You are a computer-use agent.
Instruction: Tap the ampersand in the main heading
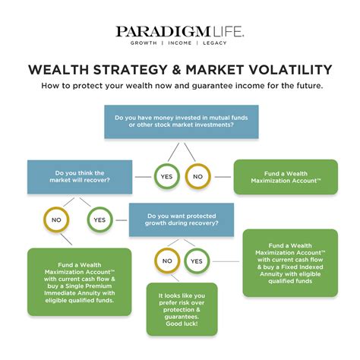click(x=169, y=69)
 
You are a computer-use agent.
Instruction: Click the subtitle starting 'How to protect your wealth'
click(x=180, y=86)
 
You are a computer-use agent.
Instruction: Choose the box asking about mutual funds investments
click(x=181, y=122)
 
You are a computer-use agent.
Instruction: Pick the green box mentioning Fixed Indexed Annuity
click(x=289, y=263)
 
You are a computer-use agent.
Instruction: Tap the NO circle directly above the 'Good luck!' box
click(x=167, y=261)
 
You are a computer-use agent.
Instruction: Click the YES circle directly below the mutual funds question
click(x=166, y=177)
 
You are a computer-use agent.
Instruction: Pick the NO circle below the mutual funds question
click(x=197, y=177)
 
